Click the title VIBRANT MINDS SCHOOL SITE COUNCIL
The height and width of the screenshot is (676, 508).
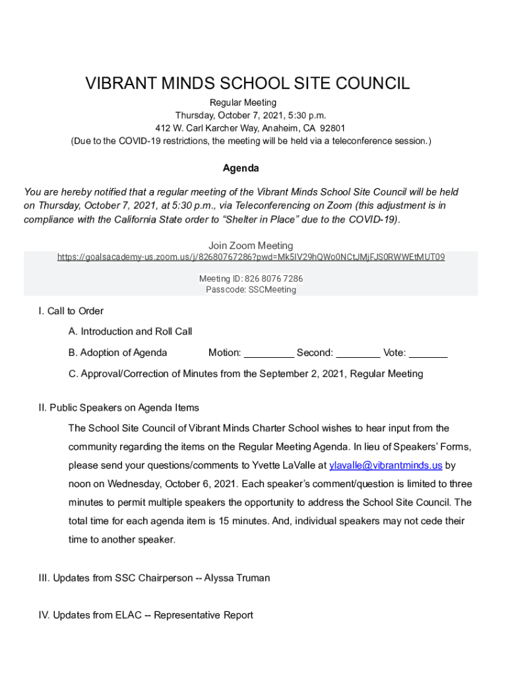tap(247, 84)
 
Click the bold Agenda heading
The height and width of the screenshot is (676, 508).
tap(241, 168)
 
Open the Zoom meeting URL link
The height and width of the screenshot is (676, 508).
tap(251, 257)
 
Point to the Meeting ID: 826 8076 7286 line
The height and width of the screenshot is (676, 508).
tap(251, 279)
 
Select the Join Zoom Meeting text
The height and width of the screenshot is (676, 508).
tap(251, 246)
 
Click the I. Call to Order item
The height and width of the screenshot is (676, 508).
tap(71, 311)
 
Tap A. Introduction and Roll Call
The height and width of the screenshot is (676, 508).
tap(130, 331)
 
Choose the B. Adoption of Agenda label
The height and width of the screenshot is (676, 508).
tap(117, 353)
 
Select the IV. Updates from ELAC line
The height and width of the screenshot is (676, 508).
tap(146, 615)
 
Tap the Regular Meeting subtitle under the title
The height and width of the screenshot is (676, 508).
tap(243, 103)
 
